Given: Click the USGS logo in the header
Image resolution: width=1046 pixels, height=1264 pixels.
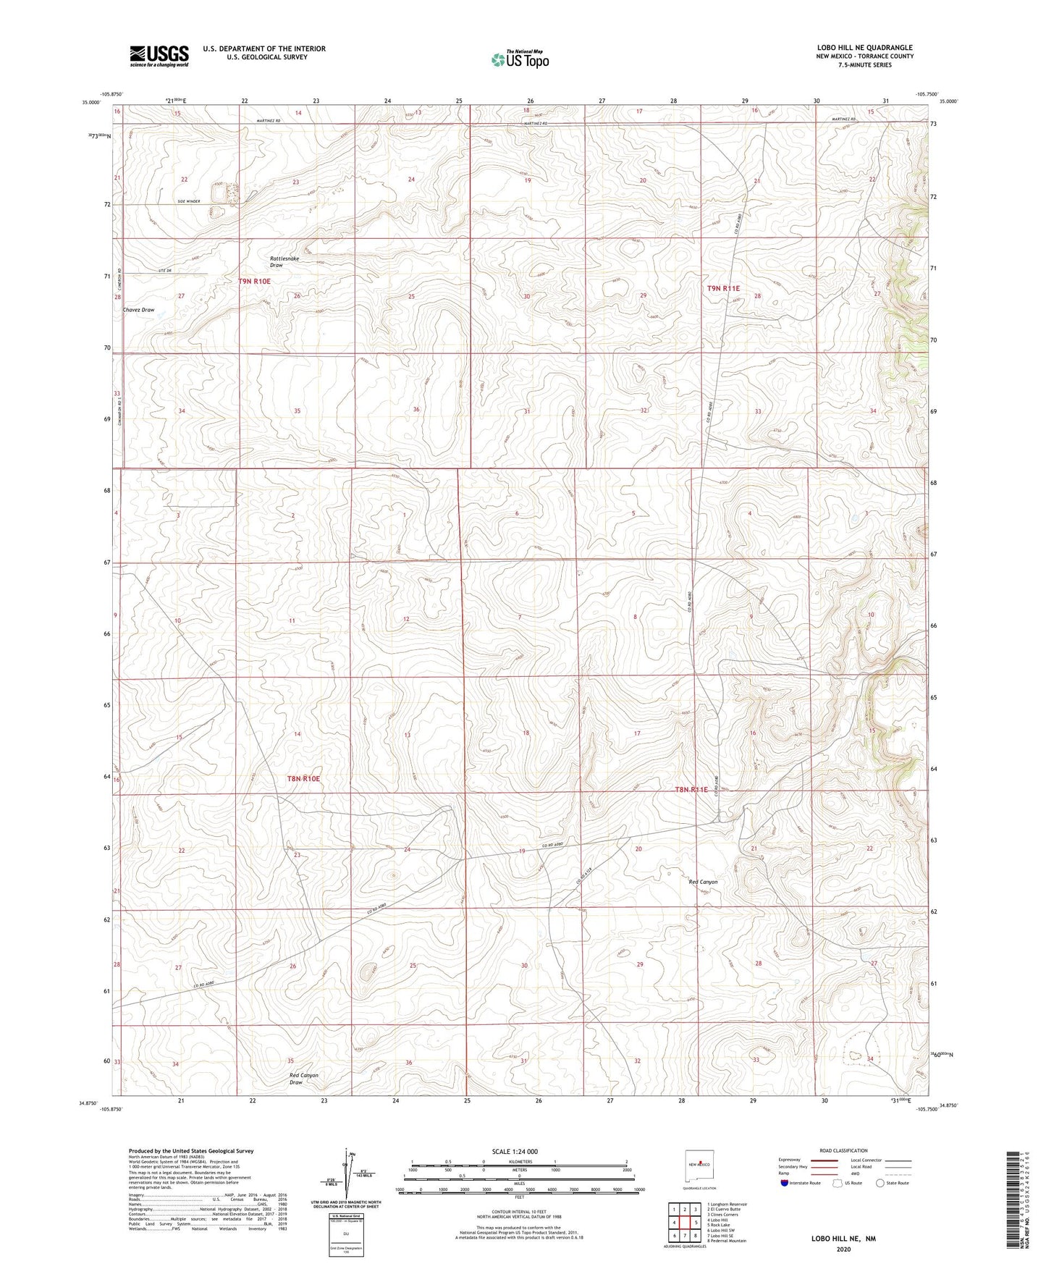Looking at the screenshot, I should pyautogui.click(x=159, y=56).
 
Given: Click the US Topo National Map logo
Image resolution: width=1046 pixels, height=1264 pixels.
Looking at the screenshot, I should pyautogui.click(x=520, y=59).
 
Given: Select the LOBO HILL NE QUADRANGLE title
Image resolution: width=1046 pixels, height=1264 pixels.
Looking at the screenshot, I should pyautogui.click(x=864, y=48).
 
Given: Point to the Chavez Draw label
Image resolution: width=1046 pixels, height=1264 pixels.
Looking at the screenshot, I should pyautogui.click(x=138, y=310).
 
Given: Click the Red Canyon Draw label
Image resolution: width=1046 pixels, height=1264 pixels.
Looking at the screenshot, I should pyautogui.click(x=304, y=1079).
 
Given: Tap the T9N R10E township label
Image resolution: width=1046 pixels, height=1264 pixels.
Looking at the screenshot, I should pyautogui.click(x=254, y=281).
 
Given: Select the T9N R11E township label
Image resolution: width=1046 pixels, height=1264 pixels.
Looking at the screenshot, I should pyautogui.click(x=723, y=288).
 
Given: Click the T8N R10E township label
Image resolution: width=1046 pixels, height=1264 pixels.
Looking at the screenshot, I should pyautogui.click(x=303, y=779).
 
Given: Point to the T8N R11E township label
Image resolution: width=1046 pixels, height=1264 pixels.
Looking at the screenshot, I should pyautogui.click(x=691, y=790).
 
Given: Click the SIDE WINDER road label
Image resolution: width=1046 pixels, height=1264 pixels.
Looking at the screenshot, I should pyautogui.click(x=188, y=201).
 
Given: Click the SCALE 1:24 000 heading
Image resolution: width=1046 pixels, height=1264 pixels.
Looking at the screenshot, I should pyautogui.click(x=515, y=1152).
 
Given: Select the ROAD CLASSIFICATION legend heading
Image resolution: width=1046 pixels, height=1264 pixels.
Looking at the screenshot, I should pyautogui.click(x=843, y=1151).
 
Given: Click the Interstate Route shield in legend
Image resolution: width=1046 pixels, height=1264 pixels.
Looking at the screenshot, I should pyautogui.click(x=785, y=1183).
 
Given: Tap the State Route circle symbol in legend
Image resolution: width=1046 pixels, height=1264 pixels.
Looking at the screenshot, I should pyautogui.click(x=880, y=1183).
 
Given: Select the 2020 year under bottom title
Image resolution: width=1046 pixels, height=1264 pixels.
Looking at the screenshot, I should pyautogui.click(x=843, y=1249).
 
